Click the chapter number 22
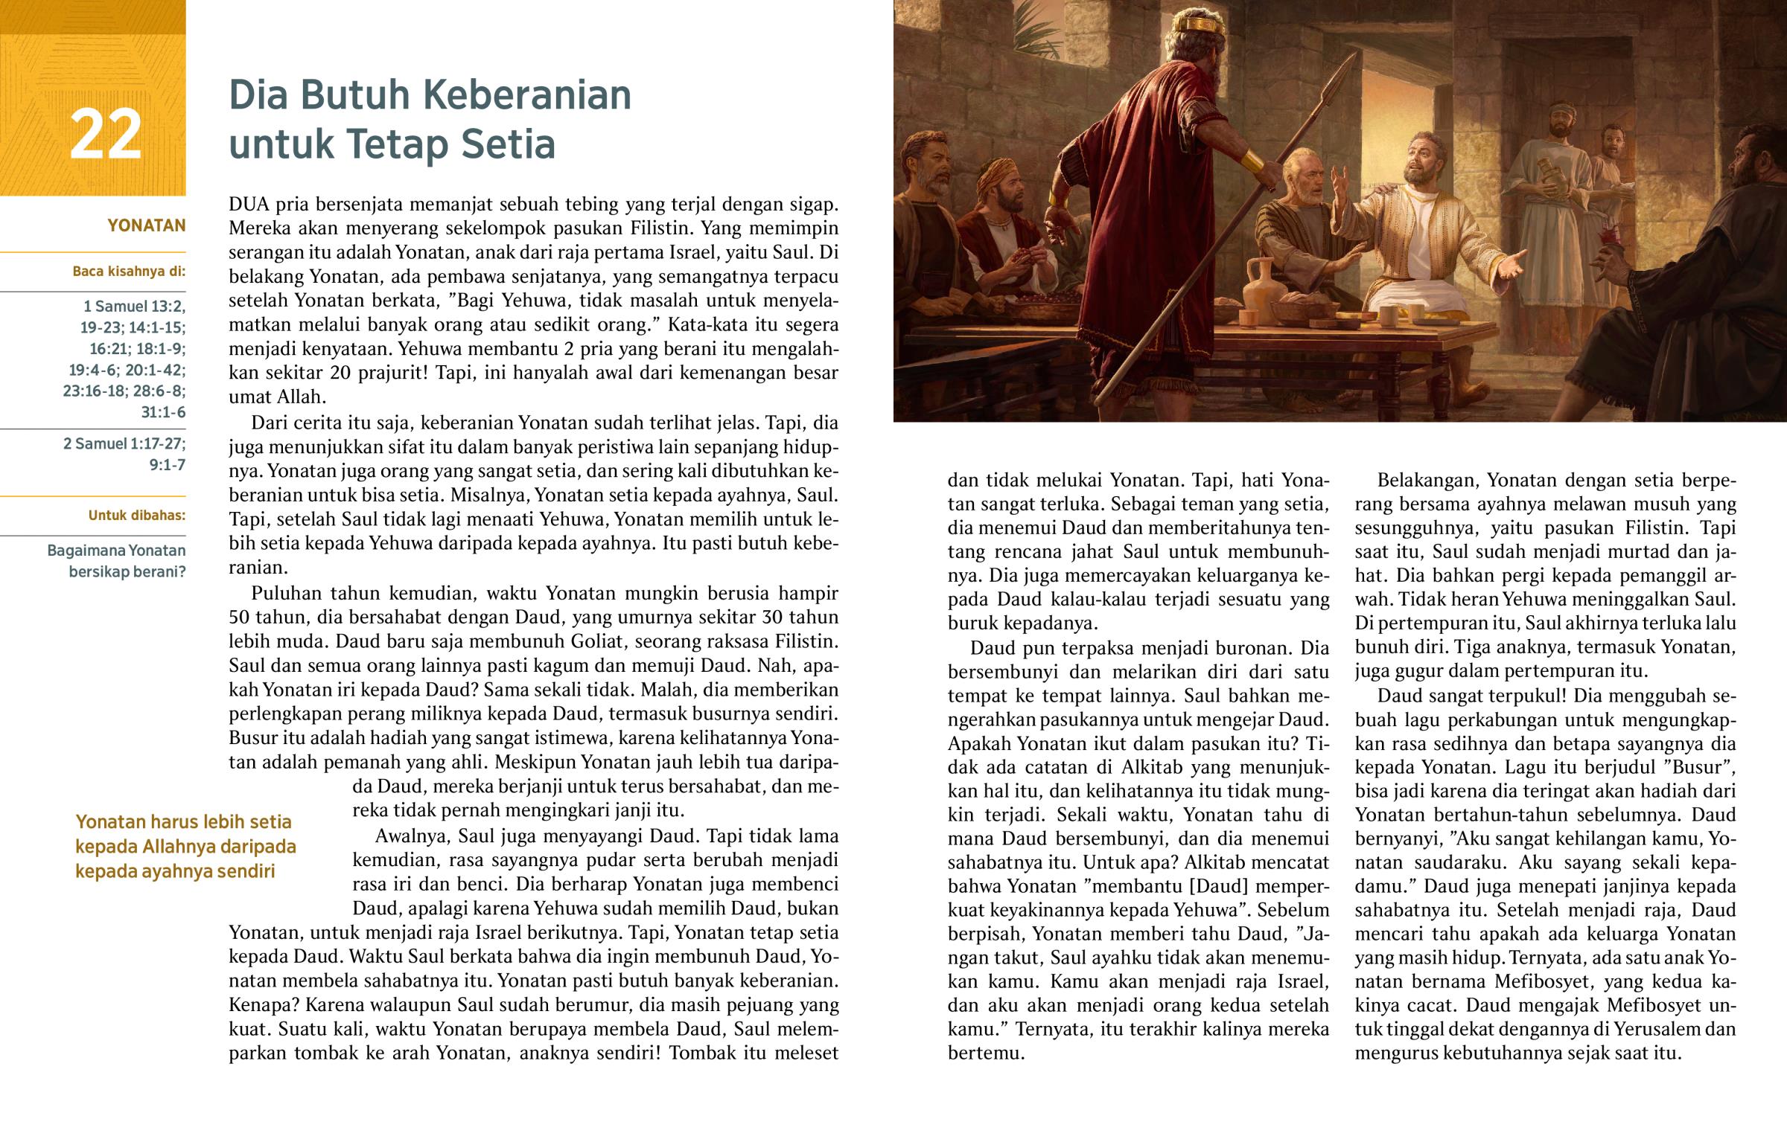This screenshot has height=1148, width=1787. [x=105, y=134]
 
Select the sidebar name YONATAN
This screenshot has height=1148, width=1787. [x=146, y=225]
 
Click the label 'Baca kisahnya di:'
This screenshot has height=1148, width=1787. [x=128, y=272]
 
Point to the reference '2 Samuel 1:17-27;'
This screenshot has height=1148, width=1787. [x=124, y=443]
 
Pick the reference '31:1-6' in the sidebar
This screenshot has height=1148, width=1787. [x=163, y=412]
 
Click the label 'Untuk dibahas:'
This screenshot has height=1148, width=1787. [x=136, y=515]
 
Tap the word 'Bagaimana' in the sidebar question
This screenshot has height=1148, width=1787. [x=85, y=551]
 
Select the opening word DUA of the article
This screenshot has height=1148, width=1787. [x=249, y=205]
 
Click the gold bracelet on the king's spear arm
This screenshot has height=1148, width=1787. [x=1252, y=159]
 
